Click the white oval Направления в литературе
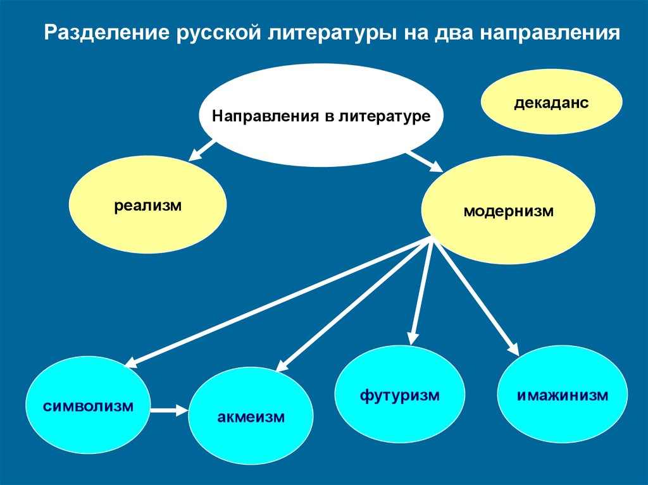point(321,116)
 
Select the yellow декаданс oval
point(552,102)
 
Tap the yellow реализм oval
point(148,205)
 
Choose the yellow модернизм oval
point(508,211)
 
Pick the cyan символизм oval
point(89,405)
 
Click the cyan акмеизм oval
point(251,417)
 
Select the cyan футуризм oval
point(399,396)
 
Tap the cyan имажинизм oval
point(563,396)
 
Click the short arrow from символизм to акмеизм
point(170,410)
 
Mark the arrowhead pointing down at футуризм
point(412,339)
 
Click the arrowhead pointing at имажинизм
point(514,349)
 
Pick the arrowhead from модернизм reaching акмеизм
point(282,365)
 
